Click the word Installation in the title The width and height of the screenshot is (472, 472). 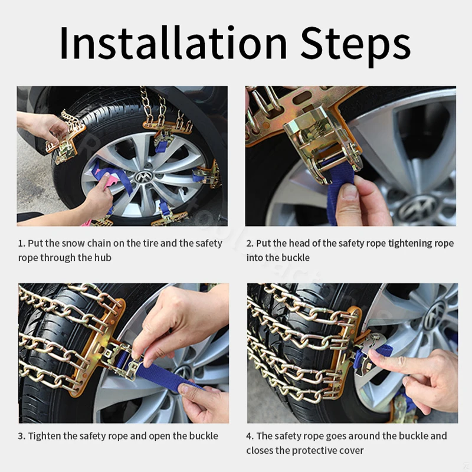tap(173, 42)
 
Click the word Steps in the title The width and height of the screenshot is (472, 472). tap(356, 45)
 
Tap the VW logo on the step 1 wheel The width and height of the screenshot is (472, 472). tap(143, 177)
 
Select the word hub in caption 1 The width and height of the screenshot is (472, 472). tap(103, 258)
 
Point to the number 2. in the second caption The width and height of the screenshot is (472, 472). tap(250, 243)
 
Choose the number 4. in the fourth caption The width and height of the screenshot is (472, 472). tap(250, 436)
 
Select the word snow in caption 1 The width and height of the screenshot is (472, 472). tap(71, 243)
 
